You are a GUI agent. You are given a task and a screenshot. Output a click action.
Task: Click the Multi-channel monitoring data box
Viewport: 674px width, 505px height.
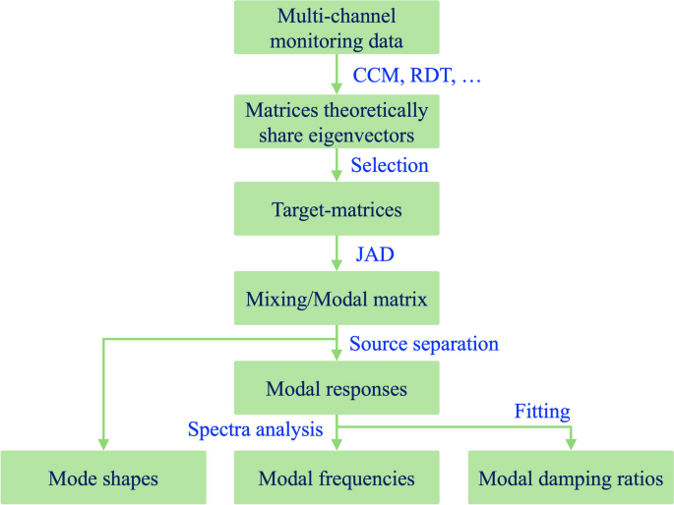(x=337, y=28)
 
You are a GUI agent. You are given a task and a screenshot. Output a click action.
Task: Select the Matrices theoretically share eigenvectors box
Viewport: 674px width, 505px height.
(x=337, y=122)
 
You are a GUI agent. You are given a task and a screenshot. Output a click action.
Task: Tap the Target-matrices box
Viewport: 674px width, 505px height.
(x=337, y=209)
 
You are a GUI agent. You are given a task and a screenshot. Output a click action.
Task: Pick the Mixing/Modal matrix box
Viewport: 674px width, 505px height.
(x=337, y=298)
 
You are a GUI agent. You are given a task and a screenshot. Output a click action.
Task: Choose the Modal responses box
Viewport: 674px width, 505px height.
(x=337, y=389)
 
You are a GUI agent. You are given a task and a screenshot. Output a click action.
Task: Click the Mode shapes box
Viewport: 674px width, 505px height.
(x=103, y=478)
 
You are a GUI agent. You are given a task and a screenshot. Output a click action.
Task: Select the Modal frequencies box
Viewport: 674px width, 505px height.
(x=337, y=478)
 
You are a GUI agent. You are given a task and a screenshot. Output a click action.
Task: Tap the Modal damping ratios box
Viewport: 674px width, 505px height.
(x=571, y=478)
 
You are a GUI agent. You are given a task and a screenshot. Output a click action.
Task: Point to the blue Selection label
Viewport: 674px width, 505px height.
(x=390, y=165)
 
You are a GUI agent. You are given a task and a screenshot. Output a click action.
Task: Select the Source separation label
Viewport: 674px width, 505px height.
(x=424, y=344)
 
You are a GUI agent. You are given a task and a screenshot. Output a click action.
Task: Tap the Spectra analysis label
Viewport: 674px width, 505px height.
(x=256, y=429)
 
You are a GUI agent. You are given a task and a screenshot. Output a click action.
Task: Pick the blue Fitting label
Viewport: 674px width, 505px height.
(x=542, y=412)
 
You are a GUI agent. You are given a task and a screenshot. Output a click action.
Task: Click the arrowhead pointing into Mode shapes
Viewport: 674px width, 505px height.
(x=103, y=445)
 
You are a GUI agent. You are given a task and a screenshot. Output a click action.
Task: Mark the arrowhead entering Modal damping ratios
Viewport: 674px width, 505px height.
(x=571, y=445)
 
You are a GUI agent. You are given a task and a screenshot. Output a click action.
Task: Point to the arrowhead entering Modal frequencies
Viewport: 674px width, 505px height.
(x=337, y=445)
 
